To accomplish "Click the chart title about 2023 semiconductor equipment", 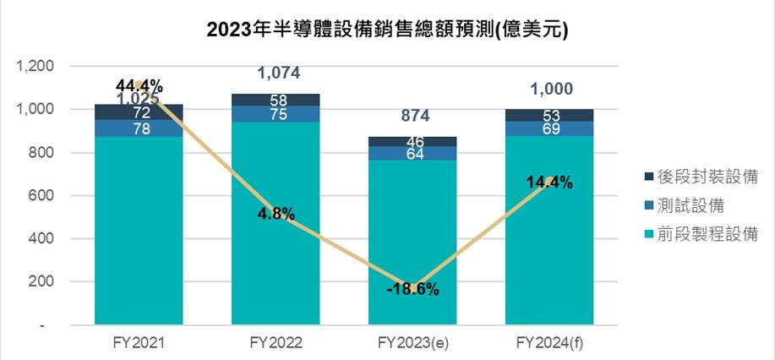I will point(386,30).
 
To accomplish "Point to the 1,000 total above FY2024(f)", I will point(549,89).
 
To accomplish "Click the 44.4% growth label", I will point(139,85).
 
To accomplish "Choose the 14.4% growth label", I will point(549,182).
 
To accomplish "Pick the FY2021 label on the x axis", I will point(138,344).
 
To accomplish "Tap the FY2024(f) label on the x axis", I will point(549,344).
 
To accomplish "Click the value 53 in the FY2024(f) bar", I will point(549,115).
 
